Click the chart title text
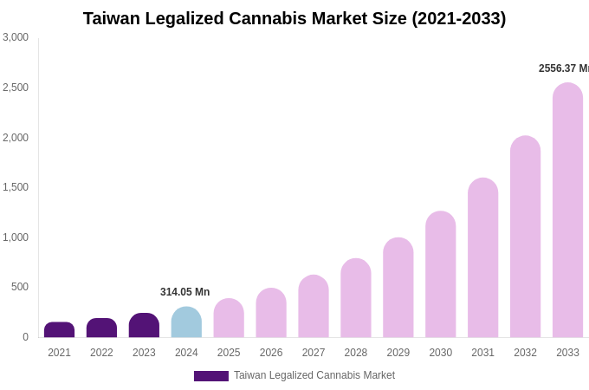(294, 18)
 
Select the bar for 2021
(59, 330)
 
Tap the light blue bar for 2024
(186, 322)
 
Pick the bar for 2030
(440, 275)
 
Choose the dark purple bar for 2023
(144, 326)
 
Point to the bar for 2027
(314, 307)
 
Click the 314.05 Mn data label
(184, 292)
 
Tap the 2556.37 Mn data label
(563, 68)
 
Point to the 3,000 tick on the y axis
(16, 37)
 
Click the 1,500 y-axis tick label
(16, 187)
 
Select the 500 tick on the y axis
(20, 287)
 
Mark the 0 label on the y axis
(25, 337)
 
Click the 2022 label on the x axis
(101, 353)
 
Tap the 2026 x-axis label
(271, 353)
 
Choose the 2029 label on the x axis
(398, 353)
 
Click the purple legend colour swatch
(210, 376)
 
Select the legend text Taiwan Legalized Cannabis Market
(314, 375)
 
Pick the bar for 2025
(229, 318)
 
